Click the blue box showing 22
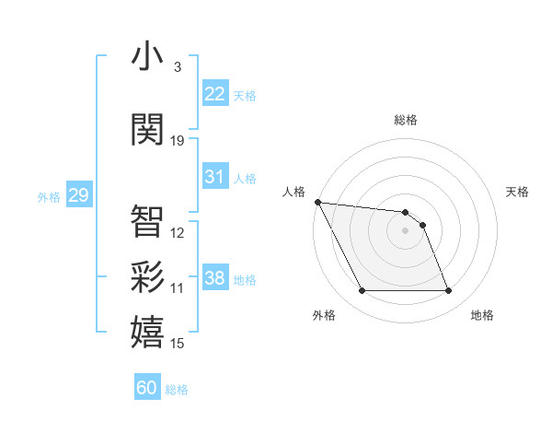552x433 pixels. pos(215,93)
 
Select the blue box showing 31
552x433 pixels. pos(215,177)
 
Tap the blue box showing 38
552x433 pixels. pos(215,278)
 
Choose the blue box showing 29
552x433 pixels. pos(78,195)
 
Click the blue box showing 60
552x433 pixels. pos(147,388)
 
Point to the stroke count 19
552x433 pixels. pos(178,141)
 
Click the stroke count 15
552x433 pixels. pos(178,344)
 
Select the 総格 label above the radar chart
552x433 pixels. pos(406,120)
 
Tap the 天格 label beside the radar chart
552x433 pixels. pos(518,192)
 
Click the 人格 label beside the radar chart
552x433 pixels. pos(293,192)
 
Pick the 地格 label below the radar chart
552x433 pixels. pos(482,315)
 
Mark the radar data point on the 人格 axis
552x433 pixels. pos(317,202)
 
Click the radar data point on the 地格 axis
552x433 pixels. pos(448,291)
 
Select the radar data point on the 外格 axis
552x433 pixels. pos(362,291)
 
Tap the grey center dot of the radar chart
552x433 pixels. pos(406,230)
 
